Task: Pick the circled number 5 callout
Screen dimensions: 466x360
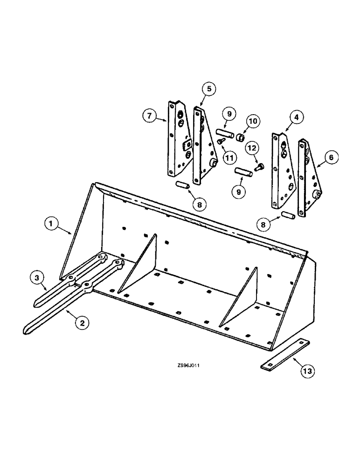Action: click(x=209, y=88)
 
